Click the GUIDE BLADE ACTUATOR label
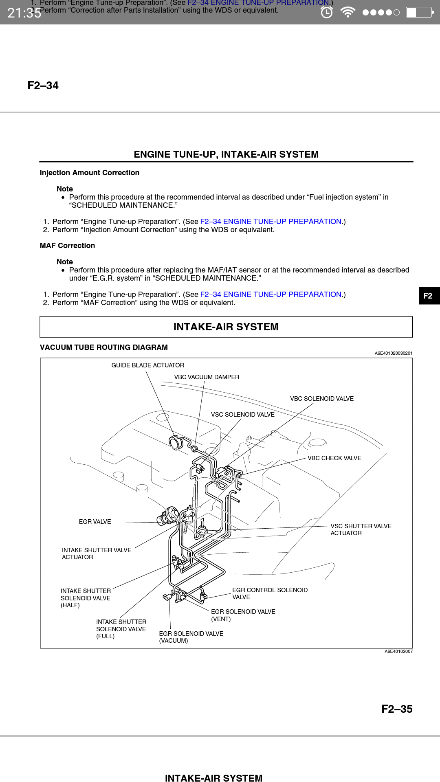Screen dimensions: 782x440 click(x=147, y=365)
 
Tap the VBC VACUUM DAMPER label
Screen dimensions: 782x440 click(x=207, y=377)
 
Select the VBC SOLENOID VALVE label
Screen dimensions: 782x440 click(x=322, y=399)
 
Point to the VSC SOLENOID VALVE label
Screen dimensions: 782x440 click(x=242, y=415)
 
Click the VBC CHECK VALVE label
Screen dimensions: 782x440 click(x=334, y=458)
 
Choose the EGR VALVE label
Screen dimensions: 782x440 click(x=95, y=522)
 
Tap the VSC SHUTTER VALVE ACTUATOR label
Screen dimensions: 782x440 click(x=361, y=529)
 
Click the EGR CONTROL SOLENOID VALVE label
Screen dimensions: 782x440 click(x=270, y=593)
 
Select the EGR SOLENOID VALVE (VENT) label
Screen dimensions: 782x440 click(x=243, y=615)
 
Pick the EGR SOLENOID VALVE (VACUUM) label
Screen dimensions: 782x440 click(x=191, y=637)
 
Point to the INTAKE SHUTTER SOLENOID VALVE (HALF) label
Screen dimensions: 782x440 click(x=86, y=598)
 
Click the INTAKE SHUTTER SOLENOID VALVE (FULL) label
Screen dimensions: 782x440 click(x=121, y=629)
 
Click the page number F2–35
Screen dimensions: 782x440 click(x=397, y=709)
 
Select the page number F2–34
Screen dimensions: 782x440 click(x=43, y=86)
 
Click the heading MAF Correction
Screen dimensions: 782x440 click(x=67, y=246)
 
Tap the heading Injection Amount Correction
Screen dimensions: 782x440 click(x=89, y=173)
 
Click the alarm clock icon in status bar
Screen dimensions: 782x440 click(x=326, y=13)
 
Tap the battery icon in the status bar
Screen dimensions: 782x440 click(x=419, y=13)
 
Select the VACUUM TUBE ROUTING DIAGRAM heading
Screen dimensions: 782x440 click(x=103, y=347)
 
